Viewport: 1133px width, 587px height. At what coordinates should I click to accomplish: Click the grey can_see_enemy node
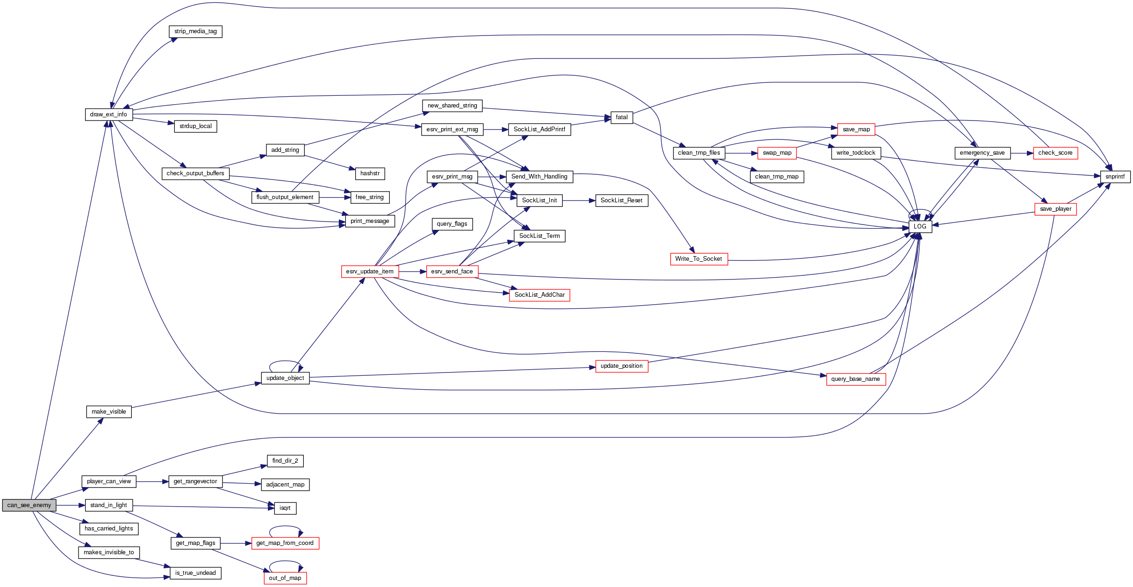click(x=29, y=505)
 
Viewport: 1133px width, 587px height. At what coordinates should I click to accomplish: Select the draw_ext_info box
click(x=108, y=115)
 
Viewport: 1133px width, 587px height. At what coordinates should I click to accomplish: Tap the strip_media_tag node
click(x=195, y=31)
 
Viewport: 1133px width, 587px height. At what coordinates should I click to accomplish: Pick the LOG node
click(x=920, y=226)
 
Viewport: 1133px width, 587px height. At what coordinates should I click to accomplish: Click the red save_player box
click(x=1055, y=209)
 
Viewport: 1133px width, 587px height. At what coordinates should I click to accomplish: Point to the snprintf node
click(x=1115, y=177)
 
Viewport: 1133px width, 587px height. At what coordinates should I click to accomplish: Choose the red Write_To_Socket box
click(x=698, y=259)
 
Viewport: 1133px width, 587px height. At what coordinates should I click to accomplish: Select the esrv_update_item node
click(x=369, y=272)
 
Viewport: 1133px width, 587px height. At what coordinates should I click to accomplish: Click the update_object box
click(x=285, y=378)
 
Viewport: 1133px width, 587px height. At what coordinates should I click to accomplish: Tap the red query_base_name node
click(x=855, y=379)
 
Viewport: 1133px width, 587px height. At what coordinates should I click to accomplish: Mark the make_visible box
click(x=108, y=412)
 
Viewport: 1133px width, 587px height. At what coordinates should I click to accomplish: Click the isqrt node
click(x=285, y=508)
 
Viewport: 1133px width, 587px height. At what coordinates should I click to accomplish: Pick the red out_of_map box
click(x=285, y=578)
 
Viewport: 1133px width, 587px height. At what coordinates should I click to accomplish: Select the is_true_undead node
click(x=195, y=573)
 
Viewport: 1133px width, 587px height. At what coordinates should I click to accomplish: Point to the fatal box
click(x=622, y=117)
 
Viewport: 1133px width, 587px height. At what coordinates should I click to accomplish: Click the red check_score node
click(x=1055, y=153)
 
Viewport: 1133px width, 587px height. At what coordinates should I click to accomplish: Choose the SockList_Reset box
click(x=621, y=200)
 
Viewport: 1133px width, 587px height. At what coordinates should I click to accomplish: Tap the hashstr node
click(x=370, y=173)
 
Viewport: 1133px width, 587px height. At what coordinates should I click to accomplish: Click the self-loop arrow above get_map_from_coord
click(x=285, y=527)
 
